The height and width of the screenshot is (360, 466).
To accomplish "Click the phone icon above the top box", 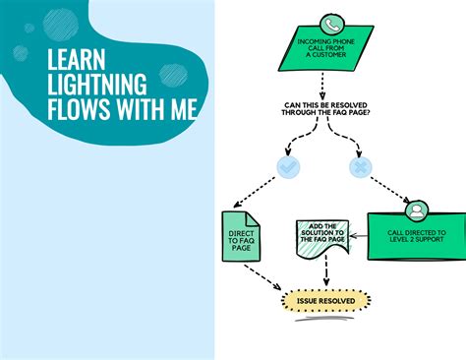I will pyautogui.click(x=331, y=25).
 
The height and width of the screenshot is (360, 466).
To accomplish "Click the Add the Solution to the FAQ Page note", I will pyautogui.click(x=321, y=237).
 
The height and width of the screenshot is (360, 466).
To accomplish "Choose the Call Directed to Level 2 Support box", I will pyautogui.click(x=415, y=237).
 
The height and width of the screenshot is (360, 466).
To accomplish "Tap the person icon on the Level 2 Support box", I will pyautogui.click(x=416, y=210).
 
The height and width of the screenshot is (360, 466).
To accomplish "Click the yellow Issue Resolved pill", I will pyautogui.click(x=325, y=300).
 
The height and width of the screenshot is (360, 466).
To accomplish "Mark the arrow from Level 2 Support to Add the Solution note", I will pyautogui.click(x=356, y=236).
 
